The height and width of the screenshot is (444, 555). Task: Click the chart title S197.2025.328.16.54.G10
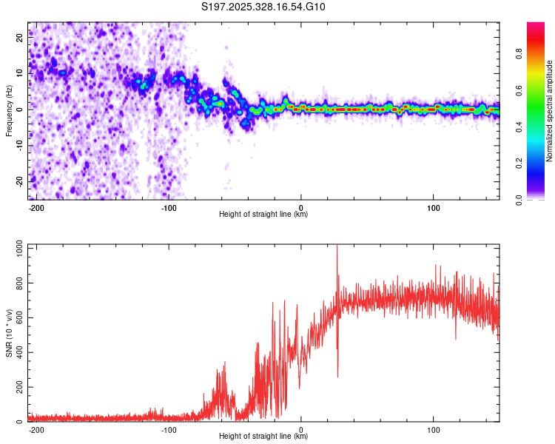tap(264, 7)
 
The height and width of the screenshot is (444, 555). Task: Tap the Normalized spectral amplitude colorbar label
tap(549, 111)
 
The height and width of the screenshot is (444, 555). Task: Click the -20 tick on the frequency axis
tap(19, 181)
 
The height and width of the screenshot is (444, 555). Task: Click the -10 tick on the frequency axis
tap(19, 145)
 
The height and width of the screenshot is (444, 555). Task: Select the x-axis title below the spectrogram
tap(263, 215)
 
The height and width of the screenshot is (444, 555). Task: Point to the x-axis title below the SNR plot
tap(263, 437)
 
